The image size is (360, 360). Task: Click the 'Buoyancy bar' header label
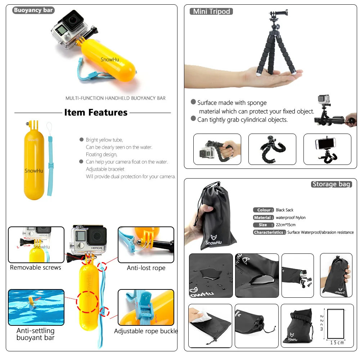(33, 10)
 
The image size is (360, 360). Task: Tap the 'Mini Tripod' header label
(211, 12)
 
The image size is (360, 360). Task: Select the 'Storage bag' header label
(331, 184)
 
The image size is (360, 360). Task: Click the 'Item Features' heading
(96, 113)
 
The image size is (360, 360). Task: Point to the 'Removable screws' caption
(36, 267)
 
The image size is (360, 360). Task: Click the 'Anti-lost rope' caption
(146, 268)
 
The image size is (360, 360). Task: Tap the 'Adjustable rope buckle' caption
(146, 331)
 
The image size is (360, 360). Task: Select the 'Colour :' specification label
(264, 210)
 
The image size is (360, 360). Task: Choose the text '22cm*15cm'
(286, 225)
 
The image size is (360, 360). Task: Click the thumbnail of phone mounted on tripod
(327, 149)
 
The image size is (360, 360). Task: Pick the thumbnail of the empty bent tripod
(272, 149)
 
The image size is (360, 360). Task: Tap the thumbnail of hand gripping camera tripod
(217, 149)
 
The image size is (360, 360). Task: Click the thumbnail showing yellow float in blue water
(36, 307)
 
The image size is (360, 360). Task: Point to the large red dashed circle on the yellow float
(87, 301)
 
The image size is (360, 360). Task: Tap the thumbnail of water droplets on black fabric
(211, 275)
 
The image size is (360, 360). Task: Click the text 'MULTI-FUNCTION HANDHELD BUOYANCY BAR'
(116, 98)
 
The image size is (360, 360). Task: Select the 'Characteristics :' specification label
(269, 233)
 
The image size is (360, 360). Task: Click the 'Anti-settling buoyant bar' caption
(36, 334)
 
